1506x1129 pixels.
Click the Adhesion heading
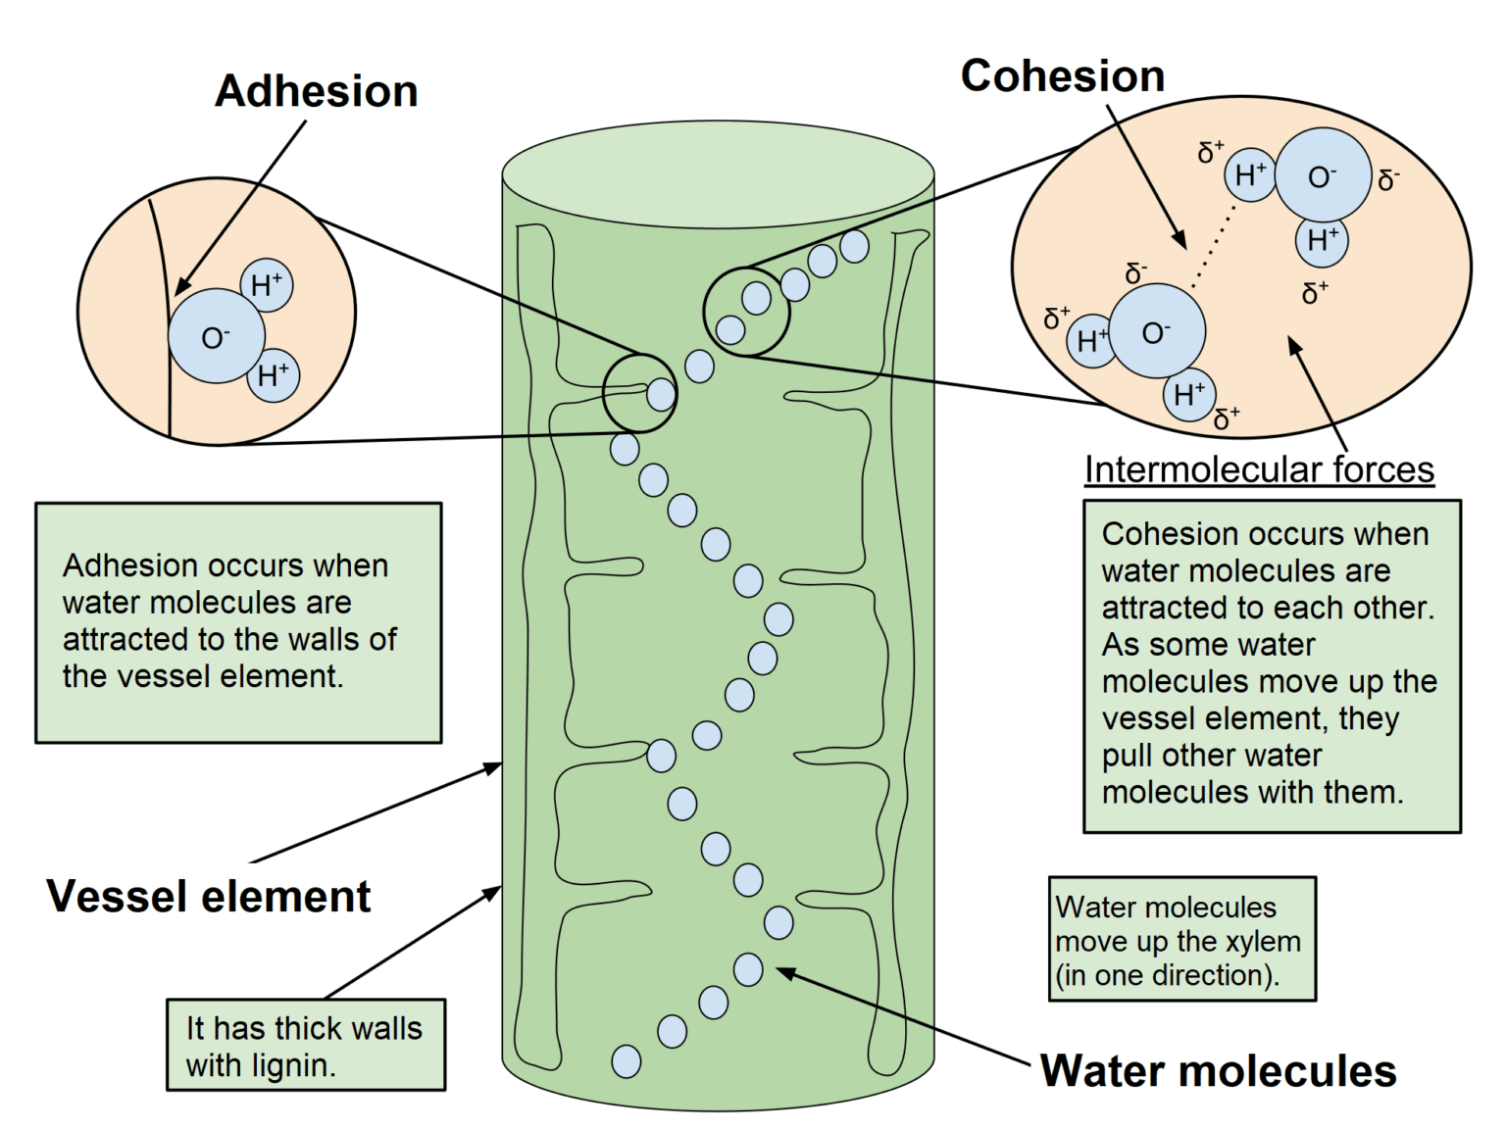click(x=316, y=91)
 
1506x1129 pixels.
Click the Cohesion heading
click(x=1062, y=76)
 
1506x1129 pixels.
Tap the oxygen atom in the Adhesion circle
click(x=216, y=336)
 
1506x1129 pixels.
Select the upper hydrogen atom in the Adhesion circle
click(x=267, y=285)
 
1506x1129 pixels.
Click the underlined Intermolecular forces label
click(x=1258, y=469)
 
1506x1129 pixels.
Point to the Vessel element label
click(x=208, y=896)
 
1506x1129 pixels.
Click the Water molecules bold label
click(x=1217, y=1070)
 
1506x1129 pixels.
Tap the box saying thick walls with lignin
click(x=305, y=1045)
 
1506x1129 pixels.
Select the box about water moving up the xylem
click(x=1181, y=939)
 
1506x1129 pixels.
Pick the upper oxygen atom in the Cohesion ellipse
click(x=1323, y=176)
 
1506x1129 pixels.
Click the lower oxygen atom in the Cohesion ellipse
click(x=1157, y=331)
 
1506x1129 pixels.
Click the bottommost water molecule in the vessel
click(x=626, y=1060)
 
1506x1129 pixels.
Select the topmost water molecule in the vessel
click(x=854, y=246)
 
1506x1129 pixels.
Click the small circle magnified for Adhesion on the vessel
click(x=639, y=393)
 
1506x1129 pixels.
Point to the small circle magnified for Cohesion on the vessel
click(x=746, y=312)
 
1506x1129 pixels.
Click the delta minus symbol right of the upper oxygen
click(x=1388, y=179)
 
